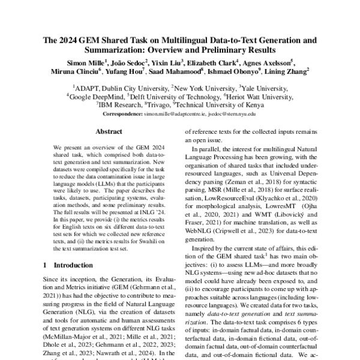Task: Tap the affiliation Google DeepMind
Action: [x=98, y=96]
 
